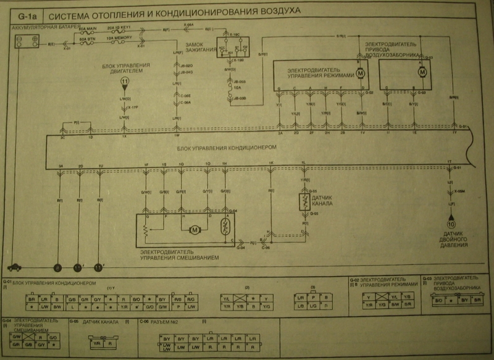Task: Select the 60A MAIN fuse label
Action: [88, 28]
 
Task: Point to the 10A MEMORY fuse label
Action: [119, 38]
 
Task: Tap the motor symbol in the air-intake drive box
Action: [423, 72]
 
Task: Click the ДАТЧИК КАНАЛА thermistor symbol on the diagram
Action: [304, 202]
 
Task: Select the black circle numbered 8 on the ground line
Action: [57, 267]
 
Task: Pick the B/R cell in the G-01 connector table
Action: [30, 298]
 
